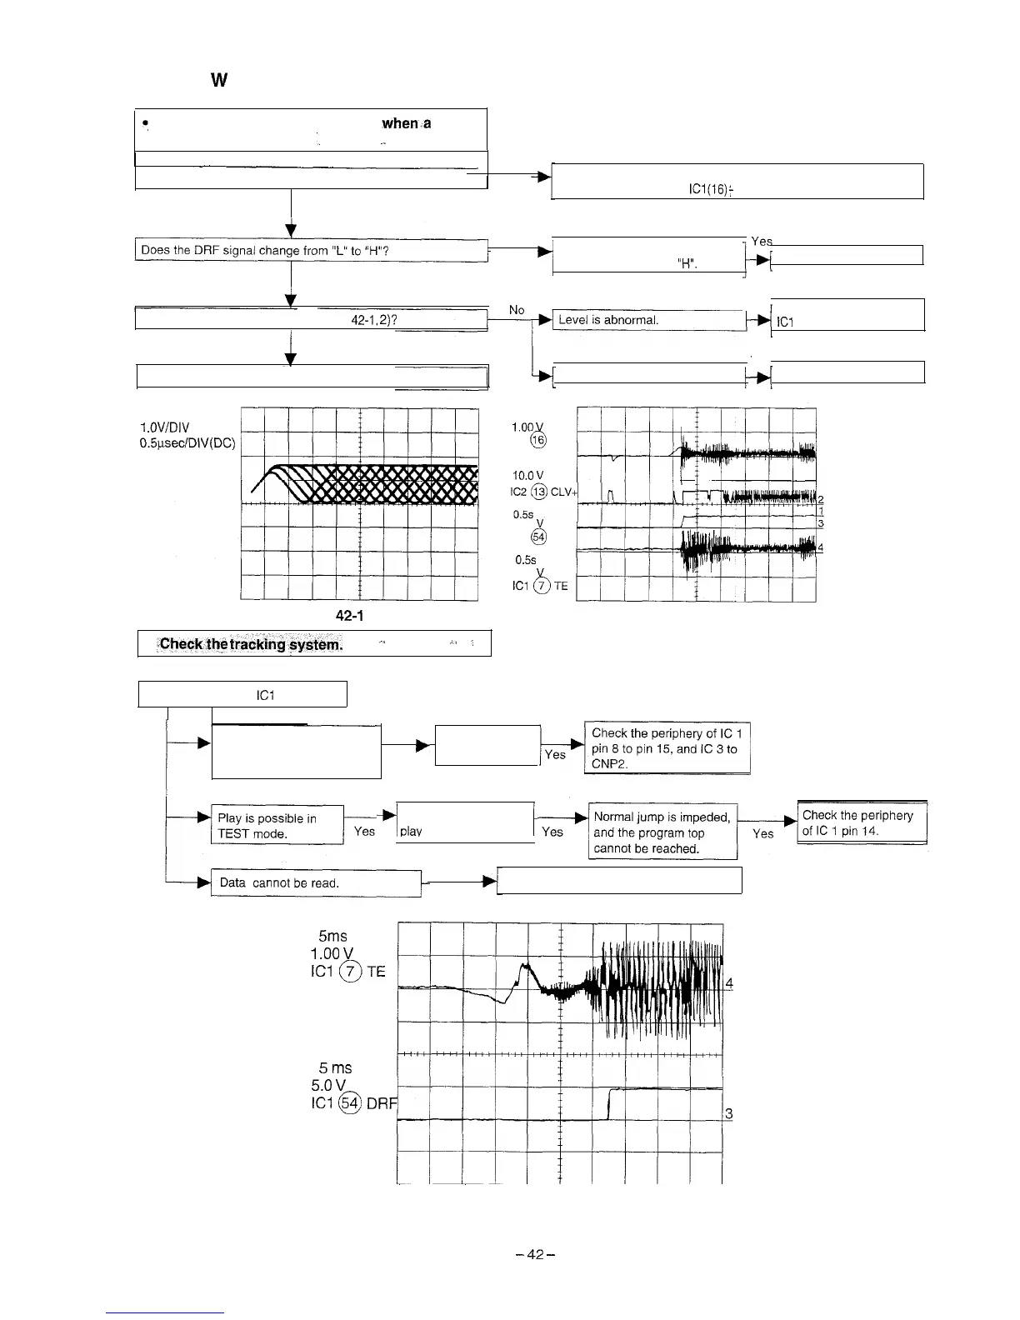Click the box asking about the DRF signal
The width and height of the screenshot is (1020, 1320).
[310, 250]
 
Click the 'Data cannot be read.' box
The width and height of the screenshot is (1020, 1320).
[316, 882]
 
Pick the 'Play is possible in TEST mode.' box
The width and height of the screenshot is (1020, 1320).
[277, 826]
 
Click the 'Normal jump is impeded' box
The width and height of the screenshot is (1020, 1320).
[662, 832]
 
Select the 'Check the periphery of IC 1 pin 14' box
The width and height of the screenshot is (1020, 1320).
[862, 822]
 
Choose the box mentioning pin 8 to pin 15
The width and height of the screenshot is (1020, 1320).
[667, 748]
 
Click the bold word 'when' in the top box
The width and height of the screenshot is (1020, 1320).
[399, 123]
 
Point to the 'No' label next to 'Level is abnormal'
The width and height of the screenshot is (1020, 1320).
[517, 310]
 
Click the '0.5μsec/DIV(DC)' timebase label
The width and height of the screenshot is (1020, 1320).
[188, 443]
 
